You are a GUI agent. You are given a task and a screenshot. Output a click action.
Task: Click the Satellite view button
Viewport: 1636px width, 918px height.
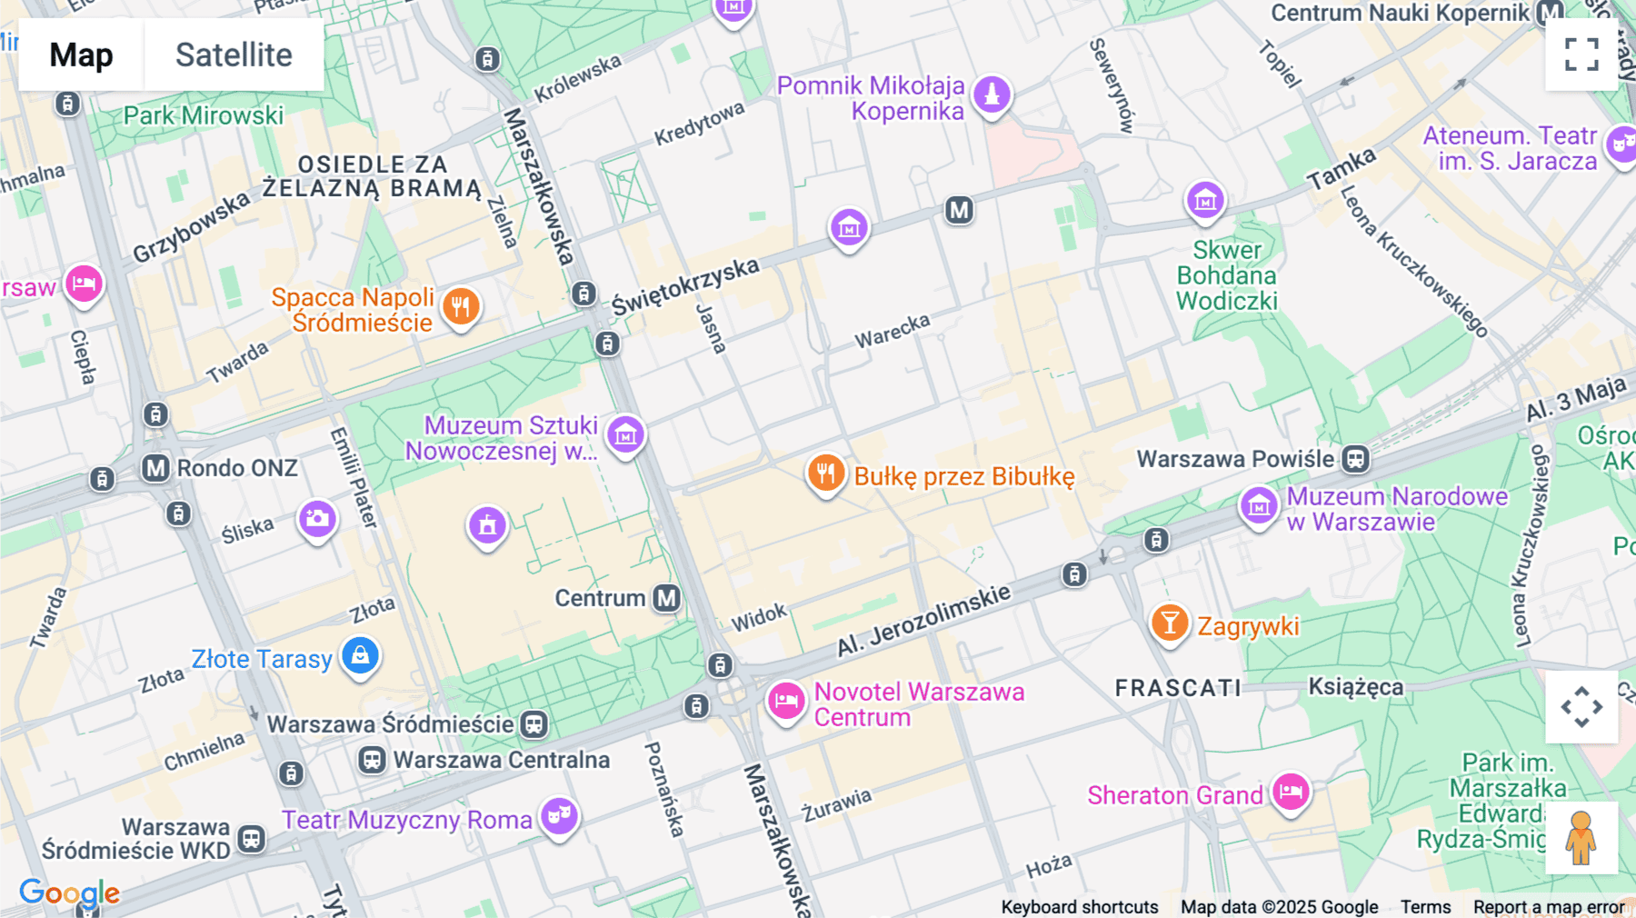click(234, 55)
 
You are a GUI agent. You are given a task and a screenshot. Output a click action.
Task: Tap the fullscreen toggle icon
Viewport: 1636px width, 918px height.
click(1581, 55)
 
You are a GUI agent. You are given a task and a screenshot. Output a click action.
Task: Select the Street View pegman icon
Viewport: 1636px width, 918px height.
click(1581, 838)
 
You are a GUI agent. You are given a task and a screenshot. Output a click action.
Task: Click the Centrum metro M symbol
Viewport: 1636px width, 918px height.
click(667, 598)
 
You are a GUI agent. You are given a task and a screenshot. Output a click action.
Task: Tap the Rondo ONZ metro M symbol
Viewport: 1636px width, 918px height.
click(155, 468)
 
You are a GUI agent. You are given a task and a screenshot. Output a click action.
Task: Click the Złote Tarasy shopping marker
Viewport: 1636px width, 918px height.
click(360, 656)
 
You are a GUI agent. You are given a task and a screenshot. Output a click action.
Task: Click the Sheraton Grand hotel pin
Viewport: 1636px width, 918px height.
click(1291, 793)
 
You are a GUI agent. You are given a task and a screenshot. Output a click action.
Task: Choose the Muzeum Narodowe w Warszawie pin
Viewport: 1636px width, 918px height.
click(1259, 506)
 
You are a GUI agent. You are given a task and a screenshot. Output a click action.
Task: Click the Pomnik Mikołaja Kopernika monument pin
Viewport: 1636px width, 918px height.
click(992, 95)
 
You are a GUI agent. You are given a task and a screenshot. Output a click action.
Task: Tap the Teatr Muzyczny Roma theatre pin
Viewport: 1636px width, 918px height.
click(559, 816)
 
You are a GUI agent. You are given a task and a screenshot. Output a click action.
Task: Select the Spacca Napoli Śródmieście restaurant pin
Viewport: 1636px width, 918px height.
click(461, 307)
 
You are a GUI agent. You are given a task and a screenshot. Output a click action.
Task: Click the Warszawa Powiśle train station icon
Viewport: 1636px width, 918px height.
click(1355, 459)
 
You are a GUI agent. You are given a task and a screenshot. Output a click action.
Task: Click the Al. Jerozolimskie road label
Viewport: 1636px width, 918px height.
click(923, 621)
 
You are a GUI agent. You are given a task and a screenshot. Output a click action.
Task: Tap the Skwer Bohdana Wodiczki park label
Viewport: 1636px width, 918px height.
click(1226, 275)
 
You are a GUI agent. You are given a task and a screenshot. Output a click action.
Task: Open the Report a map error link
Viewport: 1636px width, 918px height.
click(1549, 907)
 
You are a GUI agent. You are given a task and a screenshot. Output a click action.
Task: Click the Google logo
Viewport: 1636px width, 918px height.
click(69, 893)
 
